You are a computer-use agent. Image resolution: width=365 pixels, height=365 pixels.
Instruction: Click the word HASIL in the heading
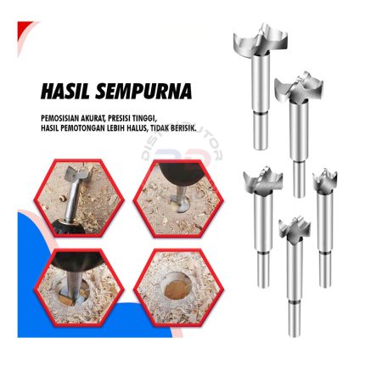65,91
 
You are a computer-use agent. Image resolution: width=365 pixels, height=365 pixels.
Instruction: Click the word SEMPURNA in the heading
143,91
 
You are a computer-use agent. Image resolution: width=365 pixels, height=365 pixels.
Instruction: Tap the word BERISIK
182,128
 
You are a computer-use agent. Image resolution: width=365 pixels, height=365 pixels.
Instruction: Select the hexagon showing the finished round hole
178,288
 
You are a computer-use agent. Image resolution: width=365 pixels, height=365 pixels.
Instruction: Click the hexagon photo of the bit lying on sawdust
79,199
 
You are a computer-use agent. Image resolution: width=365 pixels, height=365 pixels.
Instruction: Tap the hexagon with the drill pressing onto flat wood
178,199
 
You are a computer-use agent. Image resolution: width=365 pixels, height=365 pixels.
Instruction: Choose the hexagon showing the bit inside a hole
79,288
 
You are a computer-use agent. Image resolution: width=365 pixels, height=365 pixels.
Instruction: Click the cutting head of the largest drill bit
261,42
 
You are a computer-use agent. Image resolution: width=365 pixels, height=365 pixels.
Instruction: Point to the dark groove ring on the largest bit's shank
261,113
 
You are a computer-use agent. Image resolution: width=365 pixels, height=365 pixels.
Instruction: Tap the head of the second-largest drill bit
299,87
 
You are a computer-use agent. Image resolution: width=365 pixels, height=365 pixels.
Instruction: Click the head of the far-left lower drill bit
263,180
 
